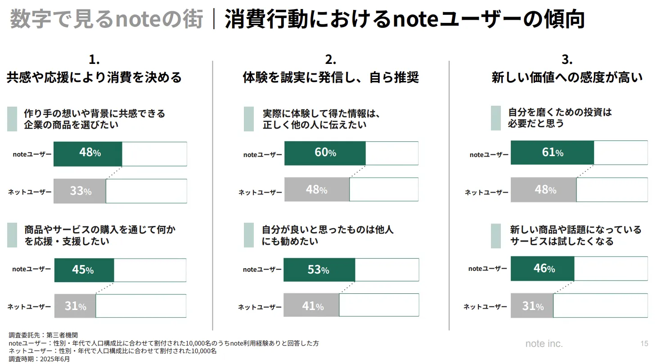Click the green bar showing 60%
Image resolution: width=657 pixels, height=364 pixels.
point(325,153)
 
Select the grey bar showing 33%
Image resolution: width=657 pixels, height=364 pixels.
point(80,191)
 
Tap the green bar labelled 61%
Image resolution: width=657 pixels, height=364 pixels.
point(552,153)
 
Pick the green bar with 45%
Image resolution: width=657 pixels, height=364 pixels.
point(84,270)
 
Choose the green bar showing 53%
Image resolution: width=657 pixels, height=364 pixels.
point(319,270)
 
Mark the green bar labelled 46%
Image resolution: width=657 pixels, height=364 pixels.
point(542,269)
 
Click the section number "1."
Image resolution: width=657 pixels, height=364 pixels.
point(94,59)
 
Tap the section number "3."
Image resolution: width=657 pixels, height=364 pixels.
point(567,59)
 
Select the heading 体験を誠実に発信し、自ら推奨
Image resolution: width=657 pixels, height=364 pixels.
point(331,78)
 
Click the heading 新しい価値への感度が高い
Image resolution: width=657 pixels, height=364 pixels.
point(567,78)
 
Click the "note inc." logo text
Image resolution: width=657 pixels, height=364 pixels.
point(544,344)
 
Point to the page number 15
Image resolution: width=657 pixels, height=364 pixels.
point(644,344)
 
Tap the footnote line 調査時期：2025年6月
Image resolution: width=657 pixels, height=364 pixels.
point(40,359)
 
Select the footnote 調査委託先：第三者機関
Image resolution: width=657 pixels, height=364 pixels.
point(43,335)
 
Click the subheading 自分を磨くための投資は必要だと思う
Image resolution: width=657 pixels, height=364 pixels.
point(560,117)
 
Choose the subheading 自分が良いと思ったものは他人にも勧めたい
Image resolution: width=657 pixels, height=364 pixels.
point(328,235)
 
